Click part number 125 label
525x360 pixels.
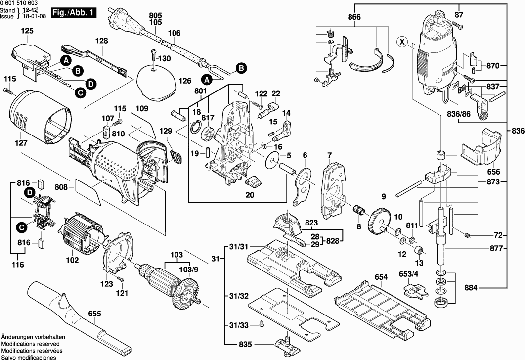(x=27, y=31)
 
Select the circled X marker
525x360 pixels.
(x=402, y=42)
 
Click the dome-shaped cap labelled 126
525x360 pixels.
(x=155, y=81)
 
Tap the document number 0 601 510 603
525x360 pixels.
(x=23, y=3)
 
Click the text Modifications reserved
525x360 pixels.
(x=30, y=343)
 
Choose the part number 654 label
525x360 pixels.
(x=381, y=277)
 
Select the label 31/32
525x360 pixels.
(x=239, y=296)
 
